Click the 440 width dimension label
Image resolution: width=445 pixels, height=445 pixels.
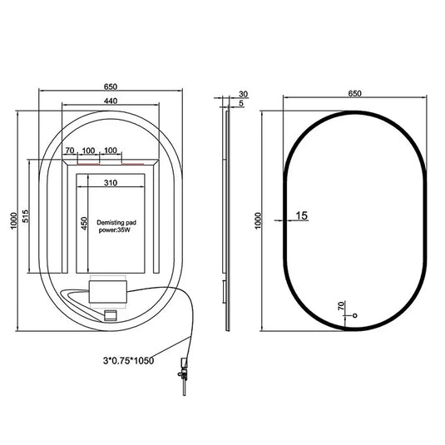[x=111, y=101]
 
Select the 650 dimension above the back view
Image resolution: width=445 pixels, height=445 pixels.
[x=111, y=87]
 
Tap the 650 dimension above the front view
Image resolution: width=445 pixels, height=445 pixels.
[x=354, y=93]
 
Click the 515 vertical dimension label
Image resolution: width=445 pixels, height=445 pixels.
[x=25, y=216]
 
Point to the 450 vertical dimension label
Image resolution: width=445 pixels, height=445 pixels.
[x=84, y=224]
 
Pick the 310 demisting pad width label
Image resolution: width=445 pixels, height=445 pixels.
[x=111, y=183]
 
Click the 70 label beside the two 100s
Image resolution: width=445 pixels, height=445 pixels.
[x=70, y=150]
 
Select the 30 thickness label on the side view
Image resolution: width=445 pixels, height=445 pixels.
[x=243, y=94]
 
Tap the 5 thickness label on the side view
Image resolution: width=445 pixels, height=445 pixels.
[x=241, y=103]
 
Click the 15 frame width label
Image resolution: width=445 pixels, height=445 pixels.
[x=302, y=215]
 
